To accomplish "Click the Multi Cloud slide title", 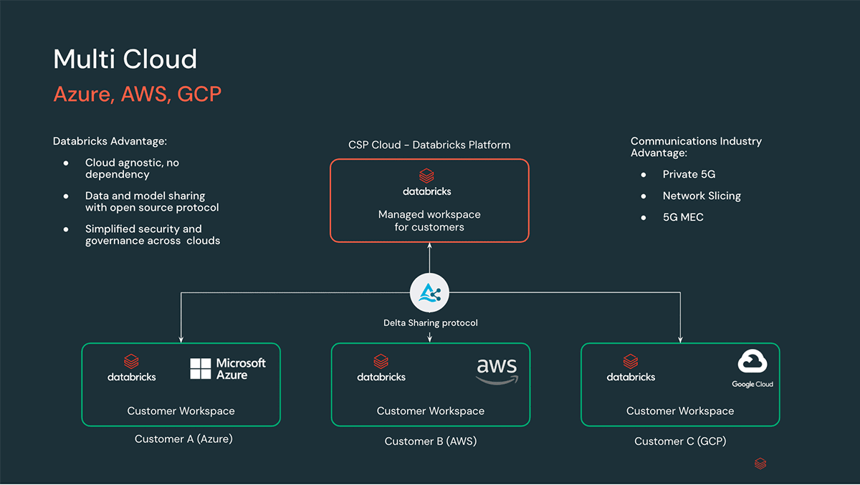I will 125,59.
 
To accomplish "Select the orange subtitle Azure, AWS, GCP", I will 137,94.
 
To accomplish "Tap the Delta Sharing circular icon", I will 429,293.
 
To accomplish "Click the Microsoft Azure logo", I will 227,369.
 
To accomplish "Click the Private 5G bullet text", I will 689,174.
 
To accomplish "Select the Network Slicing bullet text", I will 701,196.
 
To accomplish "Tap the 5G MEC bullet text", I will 682,217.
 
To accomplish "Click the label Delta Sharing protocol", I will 430,323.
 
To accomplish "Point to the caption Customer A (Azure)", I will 183,438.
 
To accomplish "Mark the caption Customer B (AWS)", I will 430,441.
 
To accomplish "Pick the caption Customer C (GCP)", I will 680,441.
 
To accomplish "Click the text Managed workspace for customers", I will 429,221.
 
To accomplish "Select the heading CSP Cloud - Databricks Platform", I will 429,145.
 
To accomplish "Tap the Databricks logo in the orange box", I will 427,182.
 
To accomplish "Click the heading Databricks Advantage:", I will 110,141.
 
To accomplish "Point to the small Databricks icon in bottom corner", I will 760,464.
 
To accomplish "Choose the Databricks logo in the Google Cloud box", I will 631,368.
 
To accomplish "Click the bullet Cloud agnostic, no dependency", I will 132,168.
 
